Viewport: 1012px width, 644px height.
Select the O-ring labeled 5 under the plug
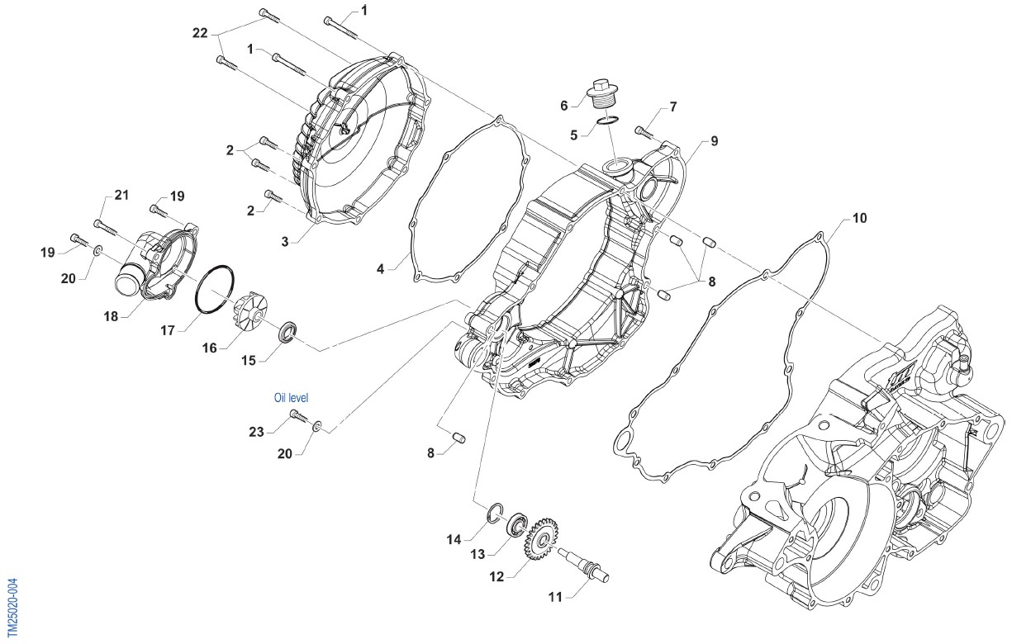pos(608,121)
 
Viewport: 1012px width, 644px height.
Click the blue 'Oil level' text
pos(292,398)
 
